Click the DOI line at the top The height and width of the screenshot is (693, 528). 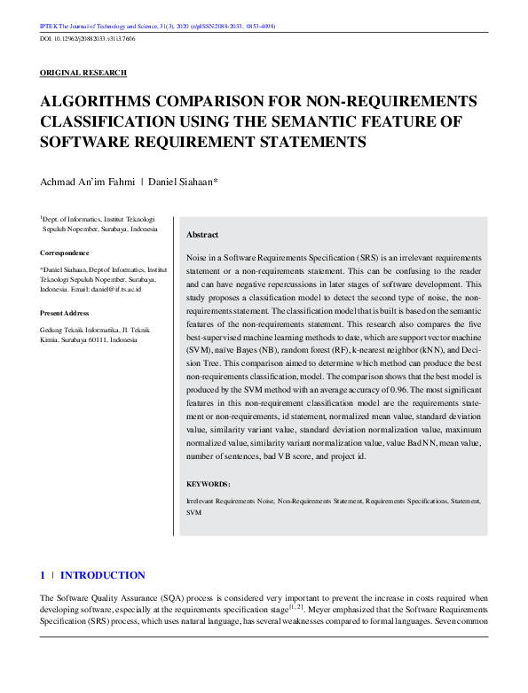click(86, 41)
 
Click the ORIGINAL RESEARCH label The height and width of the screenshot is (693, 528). click(83, 73)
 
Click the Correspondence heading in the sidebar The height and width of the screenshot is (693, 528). click(65, 253)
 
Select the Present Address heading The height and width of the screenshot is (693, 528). click(65, 313)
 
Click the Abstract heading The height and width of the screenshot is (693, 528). click(202, 235)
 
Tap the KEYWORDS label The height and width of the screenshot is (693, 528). click(209, 484)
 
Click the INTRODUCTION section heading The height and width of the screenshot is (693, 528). click(102, 575)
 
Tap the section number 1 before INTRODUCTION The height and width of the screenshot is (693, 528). click(43, 575)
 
